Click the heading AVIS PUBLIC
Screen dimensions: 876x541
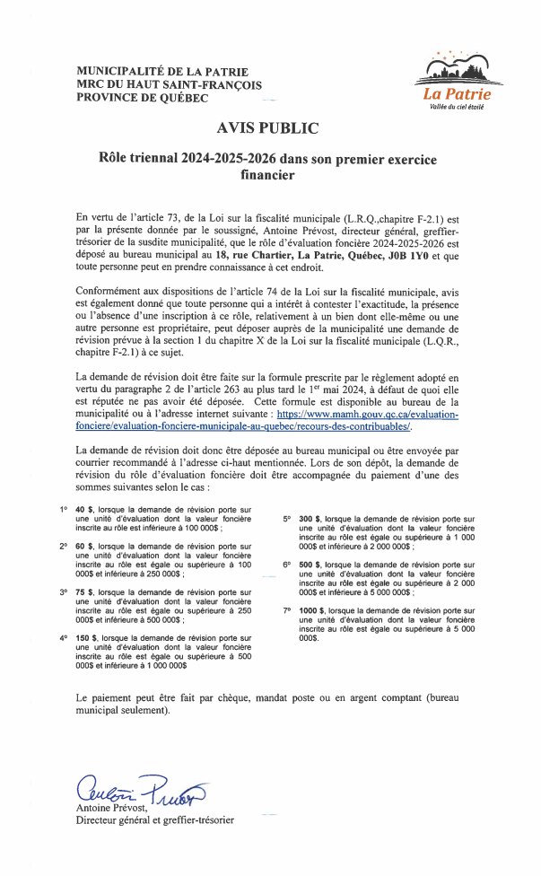267,128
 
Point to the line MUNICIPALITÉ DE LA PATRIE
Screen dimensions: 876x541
162,72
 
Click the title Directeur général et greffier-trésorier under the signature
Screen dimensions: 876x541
155,820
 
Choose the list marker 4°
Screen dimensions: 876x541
64,638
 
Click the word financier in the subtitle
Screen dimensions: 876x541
267,177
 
